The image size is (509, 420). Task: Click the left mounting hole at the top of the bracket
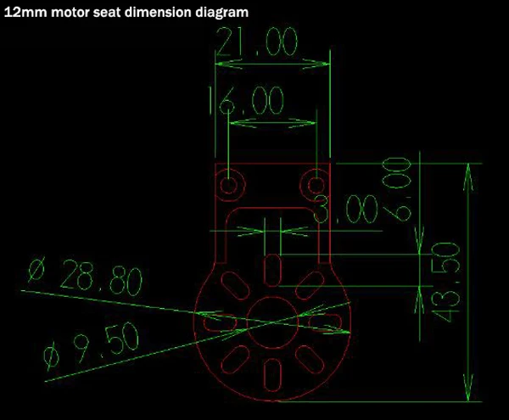(x=229, y=184)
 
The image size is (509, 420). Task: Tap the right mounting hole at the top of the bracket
(x=316, y=184)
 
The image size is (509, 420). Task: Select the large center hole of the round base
(x=271, y=323)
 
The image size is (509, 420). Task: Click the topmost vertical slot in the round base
(x=271, y=272)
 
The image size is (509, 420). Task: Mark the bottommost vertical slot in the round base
(x=271, y=372)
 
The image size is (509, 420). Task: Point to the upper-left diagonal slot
(x=233, y=283)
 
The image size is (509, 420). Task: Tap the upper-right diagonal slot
(x=310, y=283)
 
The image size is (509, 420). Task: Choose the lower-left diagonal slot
(x=234, y=361)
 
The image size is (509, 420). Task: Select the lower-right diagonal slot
(x=309, y=361)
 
